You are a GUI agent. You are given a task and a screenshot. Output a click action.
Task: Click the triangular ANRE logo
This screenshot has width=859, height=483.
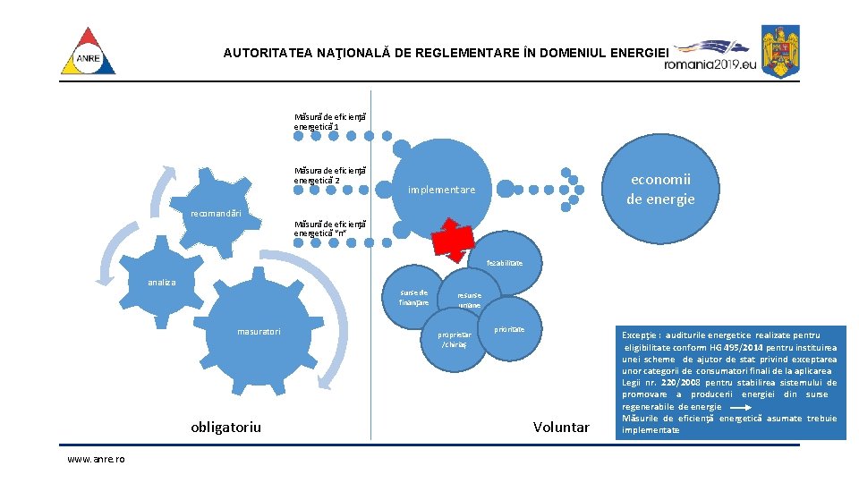pyautogui.click(x=88, y=53)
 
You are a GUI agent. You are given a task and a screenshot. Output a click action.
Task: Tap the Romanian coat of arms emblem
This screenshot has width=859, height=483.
pyautogui.click(x=780, y=51)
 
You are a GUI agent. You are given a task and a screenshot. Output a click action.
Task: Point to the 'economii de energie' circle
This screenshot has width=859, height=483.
pyautogui.click(x=660, y=189)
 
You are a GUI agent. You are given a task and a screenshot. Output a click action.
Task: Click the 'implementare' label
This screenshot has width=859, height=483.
pyautogui.click(x=442, y=190)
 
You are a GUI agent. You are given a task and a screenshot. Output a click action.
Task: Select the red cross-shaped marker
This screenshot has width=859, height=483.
pyautogui.click(x=454, y=238)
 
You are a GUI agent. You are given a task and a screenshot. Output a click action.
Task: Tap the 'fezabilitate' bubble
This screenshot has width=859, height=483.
pyautogui.click(x=505, y=263)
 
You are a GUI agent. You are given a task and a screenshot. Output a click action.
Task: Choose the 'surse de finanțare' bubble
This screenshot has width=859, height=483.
pyautogui.click(x=413, y=297)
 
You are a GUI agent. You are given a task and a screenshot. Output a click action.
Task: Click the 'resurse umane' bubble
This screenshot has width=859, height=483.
pyautogui.click(x=469, y=300)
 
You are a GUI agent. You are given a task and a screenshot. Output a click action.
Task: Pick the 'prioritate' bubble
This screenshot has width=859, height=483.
pyautogui.click(x=509, y=330)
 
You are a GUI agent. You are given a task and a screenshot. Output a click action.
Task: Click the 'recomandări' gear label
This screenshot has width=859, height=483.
pyautogui.click(x=217, y=214)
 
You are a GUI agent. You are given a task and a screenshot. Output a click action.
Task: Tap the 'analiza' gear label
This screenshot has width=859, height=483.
pyautogui.click(x=162, y=283)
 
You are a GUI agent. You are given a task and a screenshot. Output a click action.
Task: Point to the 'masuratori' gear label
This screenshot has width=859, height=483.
pyautogui.click(x=259, y=332)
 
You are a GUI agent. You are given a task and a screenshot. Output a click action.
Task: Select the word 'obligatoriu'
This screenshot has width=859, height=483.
pyautogui.click(x=225, y=427)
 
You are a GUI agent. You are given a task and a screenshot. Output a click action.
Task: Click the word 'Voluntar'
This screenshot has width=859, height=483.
pyautogui.click(x=561, y=427)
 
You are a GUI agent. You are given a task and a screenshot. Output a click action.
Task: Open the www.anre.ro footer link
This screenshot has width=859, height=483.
pyautogui.click(x=96, y=459)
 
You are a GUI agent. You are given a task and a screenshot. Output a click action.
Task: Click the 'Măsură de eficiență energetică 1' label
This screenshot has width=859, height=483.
pyautogui.click(x=330, y=122)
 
